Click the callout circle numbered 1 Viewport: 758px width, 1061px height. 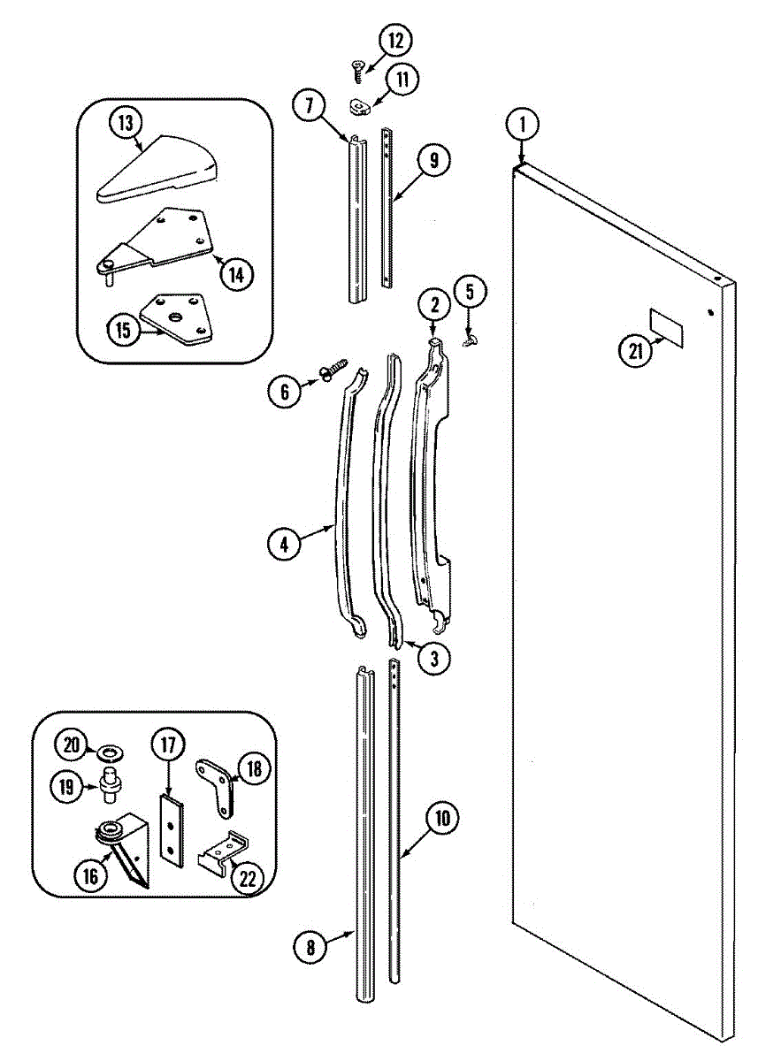pos(523,124)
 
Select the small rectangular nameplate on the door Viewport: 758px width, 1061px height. pos(666,324)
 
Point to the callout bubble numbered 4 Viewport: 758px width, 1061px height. pos(284,546)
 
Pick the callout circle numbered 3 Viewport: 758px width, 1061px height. pos(433,657)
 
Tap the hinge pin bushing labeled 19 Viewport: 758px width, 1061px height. pos(111,784)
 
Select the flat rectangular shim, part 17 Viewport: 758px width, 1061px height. pos(170,829)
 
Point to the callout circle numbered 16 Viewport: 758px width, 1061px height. pos(90,876)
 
